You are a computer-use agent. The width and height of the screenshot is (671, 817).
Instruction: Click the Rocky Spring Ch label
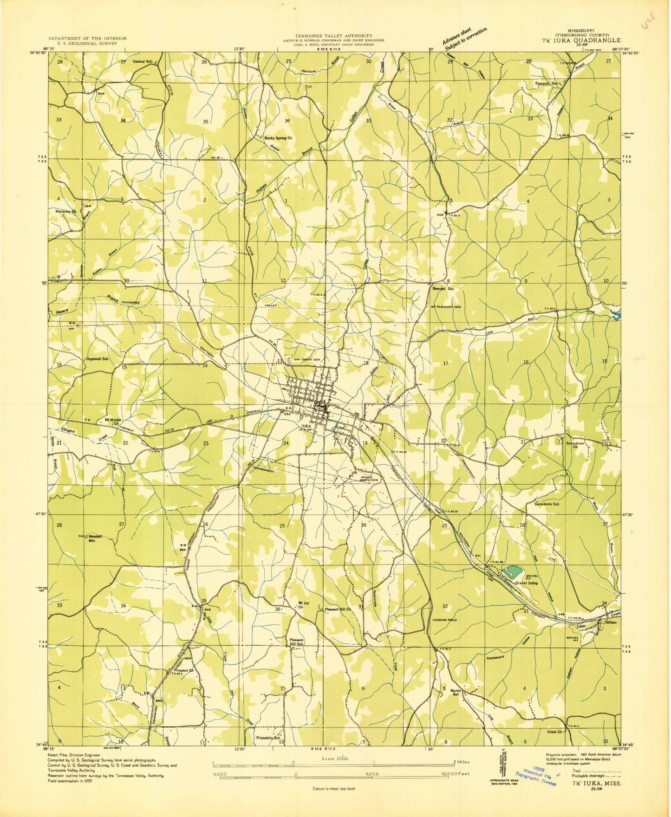(278, 138)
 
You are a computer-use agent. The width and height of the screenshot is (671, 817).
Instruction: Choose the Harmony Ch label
(65, 211)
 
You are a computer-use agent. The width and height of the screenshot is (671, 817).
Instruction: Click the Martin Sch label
(456, 693)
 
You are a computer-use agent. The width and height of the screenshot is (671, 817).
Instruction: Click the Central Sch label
(143, 61)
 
